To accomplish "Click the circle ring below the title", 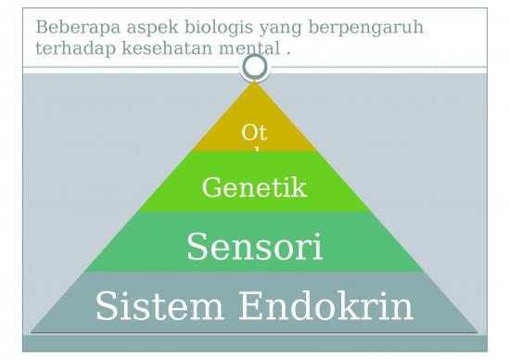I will [x=254, y=66].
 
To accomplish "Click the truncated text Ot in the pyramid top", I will [x=253, y=134].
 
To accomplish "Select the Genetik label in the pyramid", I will [x=253, y=188].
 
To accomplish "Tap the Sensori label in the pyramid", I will [x=254, y=248].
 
